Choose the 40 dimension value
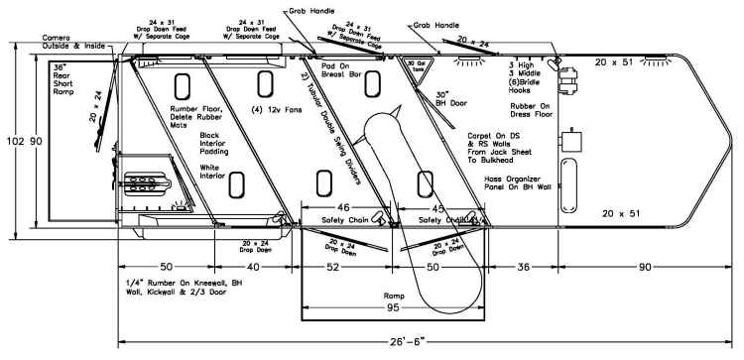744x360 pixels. click(x=256, y=267)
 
